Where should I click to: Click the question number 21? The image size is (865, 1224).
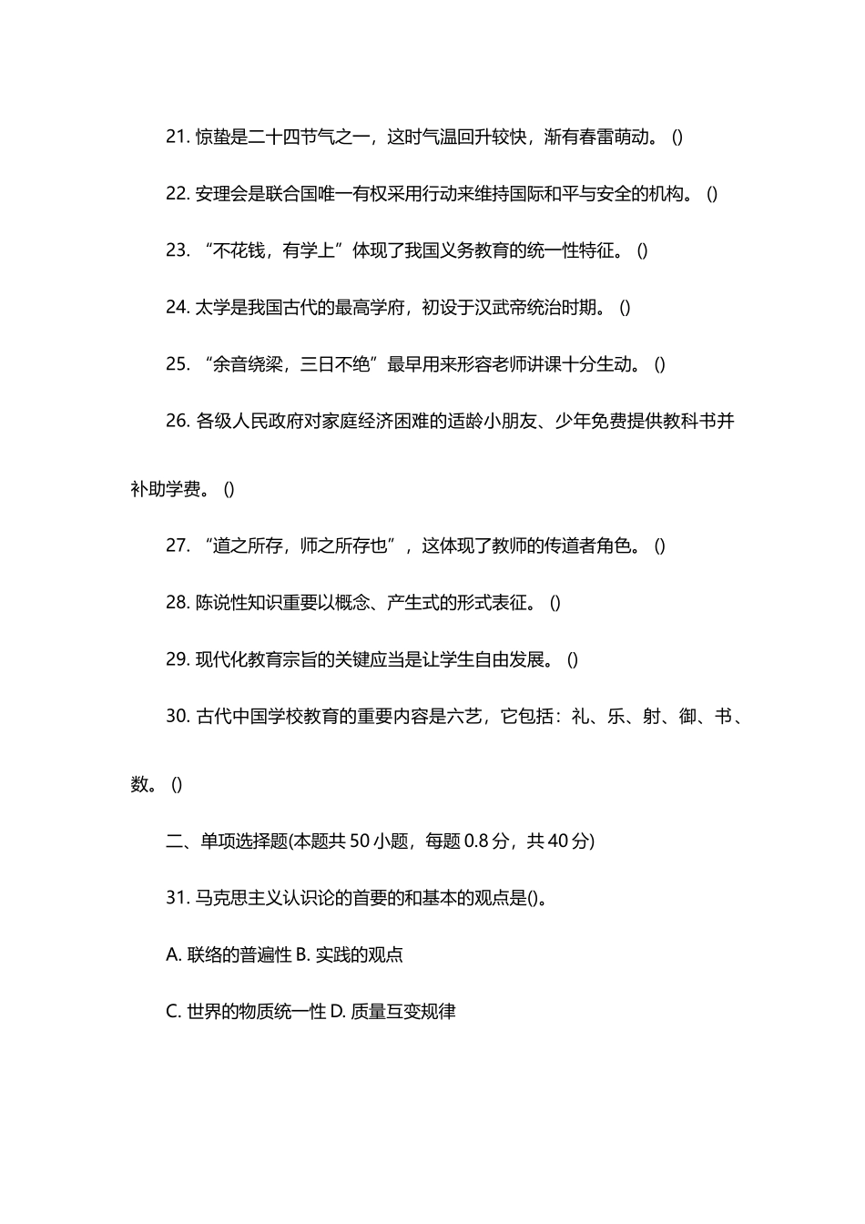pyautogui.click(x=177, y=137)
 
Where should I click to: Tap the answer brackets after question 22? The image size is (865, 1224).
pyautogui.click(x=712, y=194)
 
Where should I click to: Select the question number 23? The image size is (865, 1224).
pyautogui.click(x=177, y=250)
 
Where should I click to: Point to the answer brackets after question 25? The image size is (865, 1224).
pyautogui.click(x=660, y=364)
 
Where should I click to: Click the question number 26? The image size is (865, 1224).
pyautogui.click(x=177, y=421)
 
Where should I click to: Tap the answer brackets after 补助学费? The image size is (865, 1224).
pyautogui.click(x=229, y=489)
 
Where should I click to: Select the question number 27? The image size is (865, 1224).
pyautogui.click(x=177, y=546)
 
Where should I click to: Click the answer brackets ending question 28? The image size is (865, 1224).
pyautogui.click(x=555, y=603)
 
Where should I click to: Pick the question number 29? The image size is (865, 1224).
pyautogui.click(x=177, y=659)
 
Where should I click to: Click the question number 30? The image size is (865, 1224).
pyautogui.click(x=177, y=716)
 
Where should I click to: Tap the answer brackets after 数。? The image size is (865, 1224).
pyautogui.click(x=177, y=784)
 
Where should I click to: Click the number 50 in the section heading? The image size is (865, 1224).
pyautogui.click(x=360, y=841)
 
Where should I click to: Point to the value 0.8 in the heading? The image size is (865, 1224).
pyautogui.click(x=476, y=841)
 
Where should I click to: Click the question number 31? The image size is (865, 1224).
pyautogui.click(x=177, y=898)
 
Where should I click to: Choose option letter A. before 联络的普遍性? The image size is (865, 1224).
pyautogui.click(x=174, y=954)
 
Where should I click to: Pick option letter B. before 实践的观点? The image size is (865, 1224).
pyautogui.click(x=304, y=954)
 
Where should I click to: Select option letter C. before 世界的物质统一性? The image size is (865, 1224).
pyautogui.click(x=174, y=1011)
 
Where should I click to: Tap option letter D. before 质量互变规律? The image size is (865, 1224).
pyautogui.click(x=338, y=1011)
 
